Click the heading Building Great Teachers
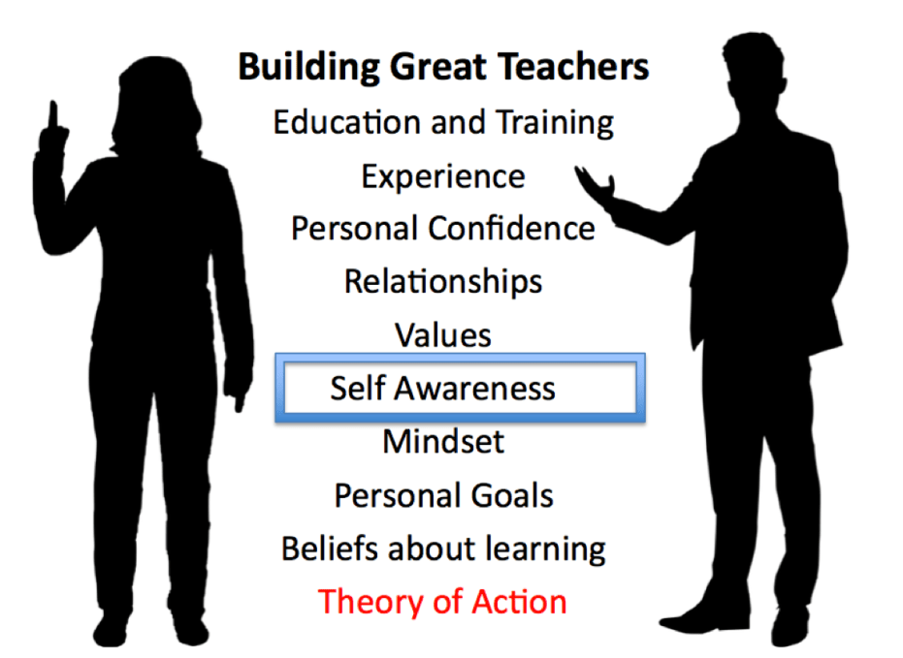coord(443,68)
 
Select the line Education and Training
coord(443,123)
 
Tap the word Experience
coord(443,177)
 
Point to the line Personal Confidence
coord(443,230)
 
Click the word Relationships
coord(443,282)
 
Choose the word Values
coord(443,335)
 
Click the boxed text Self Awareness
coord(443,389)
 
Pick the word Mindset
coord(443,442)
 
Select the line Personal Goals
coord(443,495)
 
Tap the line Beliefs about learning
coord(443,548)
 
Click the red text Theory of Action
coord(443,602)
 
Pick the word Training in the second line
coord(555,123)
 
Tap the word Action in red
coord(519,602)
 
